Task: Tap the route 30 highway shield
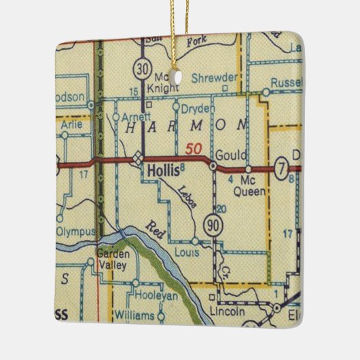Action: tap(141, 69)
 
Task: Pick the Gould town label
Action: tap(227, 154)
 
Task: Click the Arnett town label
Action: tap(139, 116)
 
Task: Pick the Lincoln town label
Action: tap(228, 312)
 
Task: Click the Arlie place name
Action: tap(65, 124)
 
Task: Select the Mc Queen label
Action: tap(252, 186)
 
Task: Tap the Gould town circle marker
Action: tap(213, 165)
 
